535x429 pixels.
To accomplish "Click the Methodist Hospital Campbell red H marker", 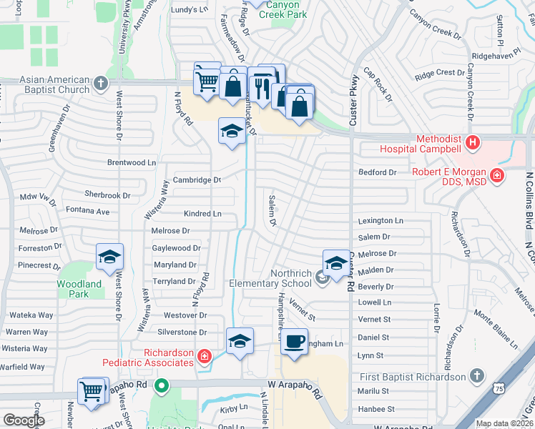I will (x=472, y=143).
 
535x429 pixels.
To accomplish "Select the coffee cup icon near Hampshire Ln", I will (x=293, y=341).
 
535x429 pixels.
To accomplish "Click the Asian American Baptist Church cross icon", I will (x=101, y=84).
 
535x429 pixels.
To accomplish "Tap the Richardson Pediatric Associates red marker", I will (x=205, y=355).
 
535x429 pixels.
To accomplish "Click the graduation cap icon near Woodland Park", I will (x=109, y=256).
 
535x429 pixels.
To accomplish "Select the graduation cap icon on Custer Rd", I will (x=336, y=262).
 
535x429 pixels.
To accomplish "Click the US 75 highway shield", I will (x=499, y=387).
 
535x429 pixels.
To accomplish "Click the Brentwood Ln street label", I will (x=131, y=162).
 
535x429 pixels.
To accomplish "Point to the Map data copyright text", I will (x=504, y=423).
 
